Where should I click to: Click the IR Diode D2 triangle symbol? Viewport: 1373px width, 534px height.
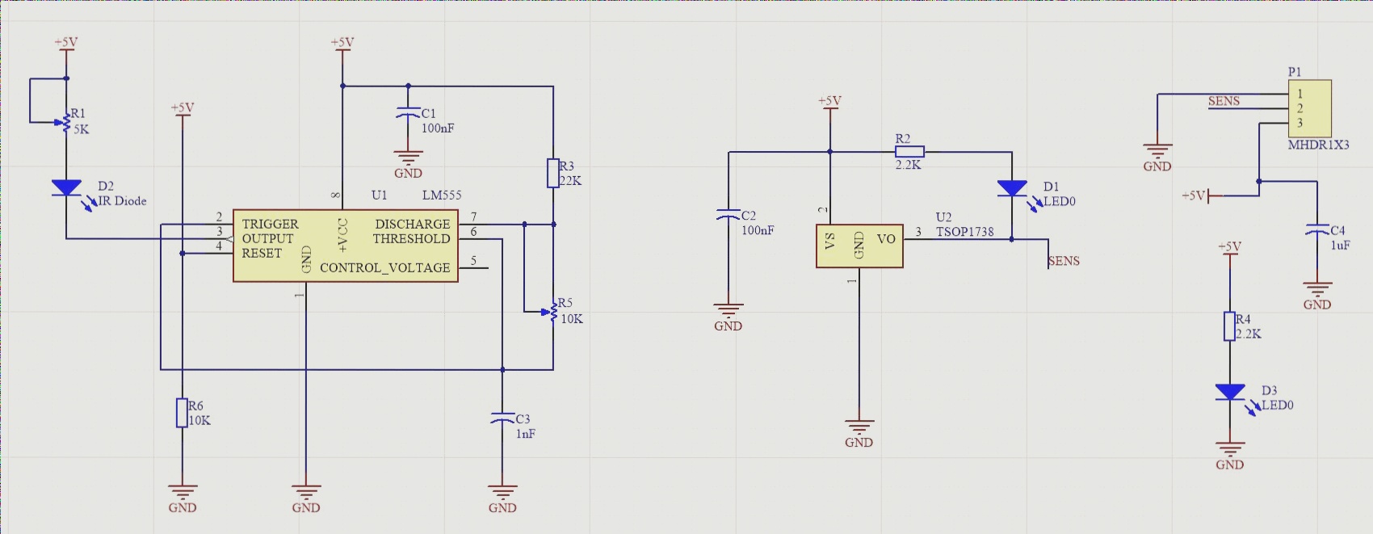pyautogui.click(x=66, y=187)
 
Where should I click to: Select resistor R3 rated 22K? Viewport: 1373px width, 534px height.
pyautogui.click(x=553, y=173)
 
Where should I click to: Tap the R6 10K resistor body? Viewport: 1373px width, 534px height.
pyautogui.click(x=183, y=412)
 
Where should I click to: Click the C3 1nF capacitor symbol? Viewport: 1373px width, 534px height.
pyautogui.click(x=502, y=418)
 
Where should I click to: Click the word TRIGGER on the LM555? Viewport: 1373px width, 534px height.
pyautogui.click(x=270, y=224)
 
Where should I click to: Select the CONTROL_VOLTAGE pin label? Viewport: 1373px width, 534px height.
pyautogui.click(x=384, y=267)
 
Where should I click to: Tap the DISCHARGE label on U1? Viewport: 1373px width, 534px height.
pyautogui.click(x=412, y=224)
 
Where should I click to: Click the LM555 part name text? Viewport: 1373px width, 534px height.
pyautogui.click(x=442, y=195)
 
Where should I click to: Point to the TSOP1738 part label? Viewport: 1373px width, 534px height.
pyautogui.click(x=964, y=232)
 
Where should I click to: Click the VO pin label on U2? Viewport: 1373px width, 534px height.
pyautogui.click(x=886, y=239)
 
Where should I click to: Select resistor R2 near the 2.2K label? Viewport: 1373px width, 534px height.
pyautogui.click(x=909, y=151)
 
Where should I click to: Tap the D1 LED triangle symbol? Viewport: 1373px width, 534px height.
pyautogui.click(x=1012, y=188)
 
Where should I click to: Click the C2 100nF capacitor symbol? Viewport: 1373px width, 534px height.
pyautogui.click(x=728, y=216)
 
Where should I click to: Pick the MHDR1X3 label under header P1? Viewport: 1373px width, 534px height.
pyautogui.click(x=1318, y=145)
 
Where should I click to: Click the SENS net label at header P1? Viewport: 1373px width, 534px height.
pyautogui.click(x=1224, y=101)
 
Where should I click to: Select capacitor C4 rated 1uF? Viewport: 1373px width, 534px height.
pyautogui.click(x=1317, y=231)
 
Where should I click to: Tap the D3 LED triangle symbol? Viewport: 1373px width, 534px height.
pyautogui.click(x=1230, y=393)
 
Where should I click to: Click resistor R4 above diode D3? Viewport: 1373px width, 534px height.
pyautogui.click(x=1230, y=326)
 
